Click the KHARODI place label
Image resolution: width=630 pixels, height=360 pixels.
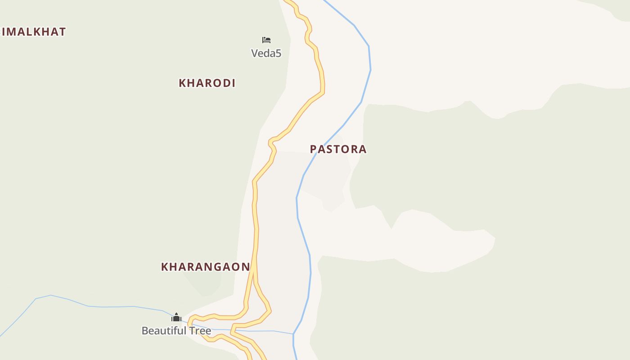207,83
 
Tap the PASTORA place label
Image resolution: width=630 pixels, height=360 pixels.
338,149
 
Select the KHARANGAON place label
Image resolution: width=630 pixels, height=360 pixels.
205,267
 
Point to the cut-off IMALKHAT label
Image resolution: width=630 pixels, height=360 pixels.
33,32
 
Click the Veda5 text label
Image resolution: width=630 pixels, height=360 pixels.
266,53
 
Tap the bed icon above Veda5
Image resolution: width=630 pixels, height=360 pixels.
266,40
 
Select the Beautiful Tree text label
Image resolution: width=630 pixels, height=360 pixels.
176,331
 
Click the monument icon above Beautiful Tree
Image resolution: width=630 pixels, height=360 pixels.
176,317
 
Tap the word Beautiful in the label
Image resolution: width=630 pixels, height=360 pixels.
164,331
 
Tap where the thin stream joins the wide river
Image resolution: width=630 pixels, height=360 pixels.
293,334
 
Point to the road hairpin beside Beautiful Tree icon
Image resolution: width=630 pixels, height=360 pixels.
191,320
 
